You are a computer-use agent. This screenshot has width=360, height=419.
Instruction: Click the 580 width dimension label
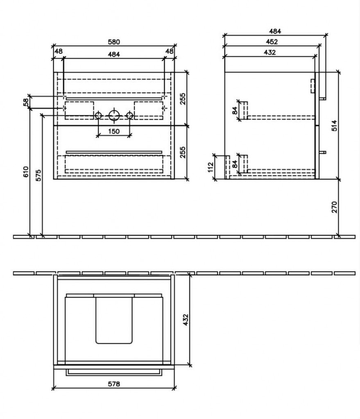pos(113,41)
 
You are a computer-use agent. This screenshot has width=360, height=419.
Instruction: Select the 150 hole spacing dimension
pos(113,131)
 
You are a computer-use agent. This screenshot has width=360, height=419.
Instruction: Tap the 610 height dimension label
pos(26,172)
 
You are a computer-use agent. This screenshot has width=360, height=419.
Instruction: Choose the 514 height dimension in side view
pos(333,125)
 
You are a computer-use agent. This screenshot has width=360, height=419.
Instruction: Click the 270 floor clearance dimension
pos(333,208)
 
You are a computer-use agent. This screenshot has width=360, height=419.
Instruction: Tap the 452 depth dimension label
pos(271,41)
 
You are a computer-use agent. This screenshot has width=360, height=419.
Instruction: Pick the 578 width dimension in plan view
pos(114,384)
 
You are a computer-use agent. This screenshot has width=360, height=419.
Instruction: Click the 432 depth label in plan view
pos(185,320)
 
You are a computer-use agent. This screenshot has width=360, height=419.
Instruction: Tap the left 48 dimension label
pos(59,51)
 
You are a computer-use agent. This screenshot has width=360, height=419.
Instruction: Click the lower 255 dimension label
pos(183,152)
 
